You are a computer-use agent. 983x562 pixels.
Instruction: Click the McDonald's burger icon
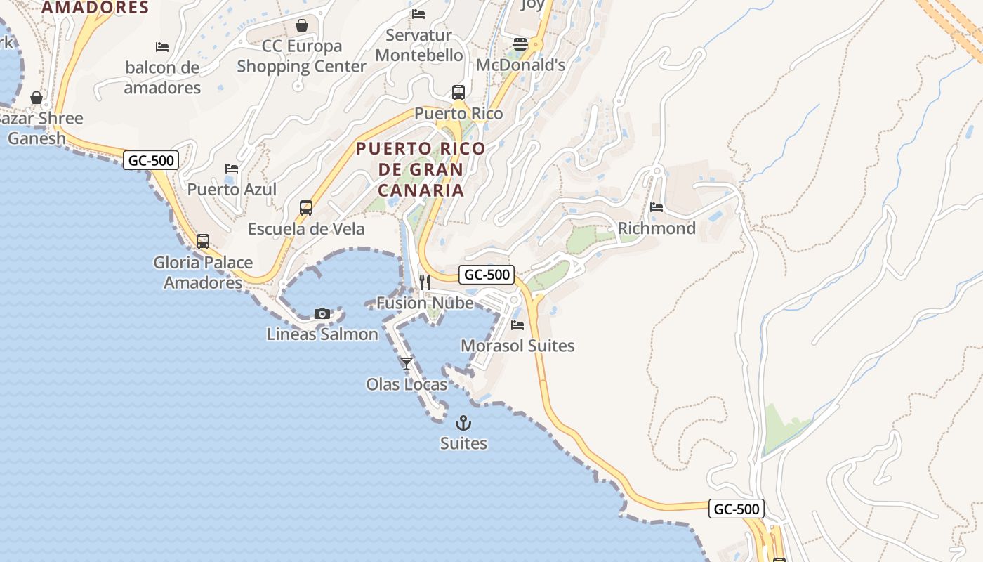click(520, 44)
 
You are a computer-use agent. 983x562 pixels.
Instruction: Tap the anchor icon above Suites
click(463, 423)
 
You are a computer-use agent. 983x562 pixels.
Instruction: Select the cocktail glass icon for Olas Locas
click(407, 363)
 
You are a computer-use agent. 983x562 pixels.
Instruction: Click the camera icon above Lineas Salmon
click(322, 313)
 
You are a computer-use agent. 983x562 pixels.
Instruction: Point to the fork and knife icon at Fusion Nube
click(425, 282)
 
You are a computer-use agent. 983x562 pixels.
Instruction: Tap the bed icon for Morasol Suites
click(517, 325)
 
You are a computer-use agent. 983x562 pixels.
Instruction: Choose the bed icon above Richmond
click(657, 207)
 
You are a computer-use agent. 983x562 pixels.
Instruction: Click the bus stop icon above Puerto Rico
click(458, 92)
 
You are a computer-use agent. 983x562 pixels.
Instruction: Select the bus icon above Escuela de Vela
click(306, 208)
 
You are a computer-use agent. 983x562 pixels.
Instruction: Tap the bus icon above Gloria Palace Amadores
click(203, 242)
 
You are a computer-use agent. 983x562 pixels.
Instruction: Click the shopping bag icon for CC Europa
click(302, 26)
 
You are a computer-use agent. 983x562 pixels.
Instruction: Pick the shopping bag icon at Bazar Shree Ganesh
click(37, 98)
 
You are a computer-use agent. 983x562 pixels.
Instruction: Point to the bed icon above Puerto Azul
click(232, 169)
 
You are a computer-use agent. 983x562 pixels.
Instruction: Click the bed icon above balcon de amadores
click(162, 47)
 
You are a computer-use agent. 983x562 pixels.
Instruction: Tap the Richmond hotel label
click(657, 228)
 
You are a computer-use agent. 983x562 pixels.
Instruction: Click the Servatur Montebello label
click(419, 45)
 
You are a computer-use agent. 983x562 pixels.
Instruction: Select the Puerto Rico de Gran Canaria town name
click(421, 169)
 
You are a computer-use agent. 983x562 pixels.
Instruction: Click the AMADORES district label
click(95, 8)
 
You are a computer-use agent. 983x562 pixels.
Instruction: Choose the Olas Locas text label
click(407, 384)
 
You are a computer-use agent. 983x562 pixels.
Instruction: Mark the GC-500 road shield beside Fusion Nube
click(487, 275)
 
